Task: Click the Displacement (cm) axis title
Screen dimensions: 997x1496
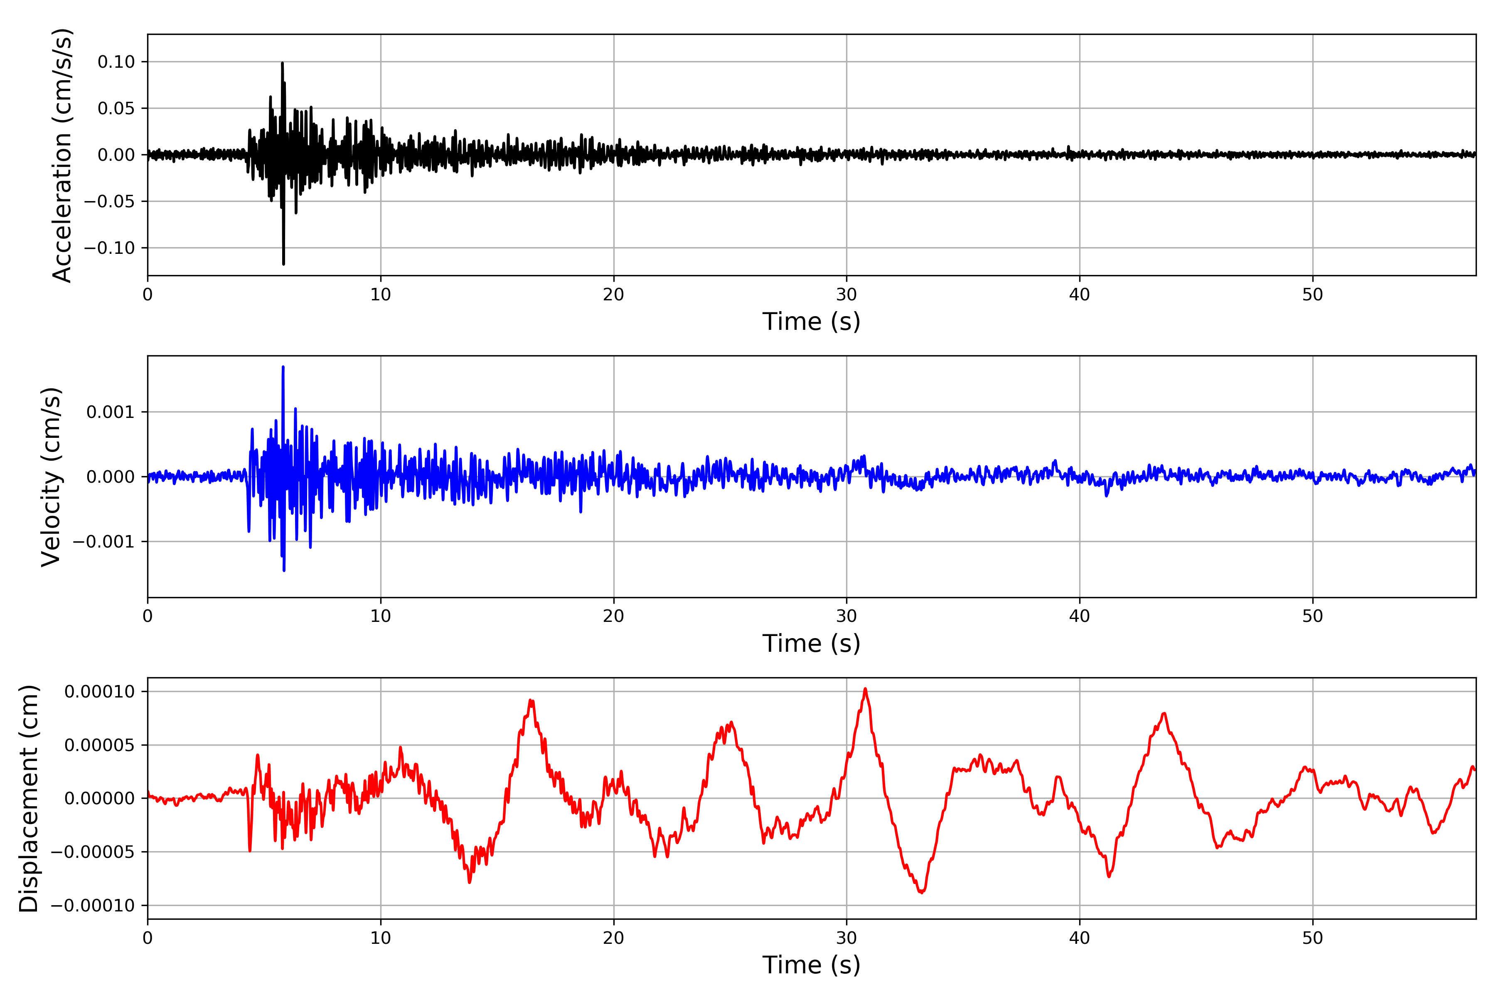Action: point(29,798)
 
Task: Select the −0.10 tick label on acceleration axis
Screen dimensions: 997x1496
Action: point(109,248)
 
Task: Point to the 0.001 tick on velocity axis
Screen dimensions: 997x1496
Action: point(110,412)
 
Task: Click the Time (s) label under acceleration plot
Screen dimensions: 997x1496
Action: point(811,322)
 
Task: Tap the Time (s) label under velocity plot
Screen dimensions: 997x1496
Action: point(811,643)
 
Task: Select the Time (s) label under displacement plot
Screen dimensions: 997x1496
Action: point(811,965)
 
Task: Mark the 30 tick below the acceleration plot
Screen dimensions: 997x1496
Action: point(846,295)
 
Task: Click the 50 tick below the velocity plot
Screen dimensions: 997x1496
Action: point(1313,616)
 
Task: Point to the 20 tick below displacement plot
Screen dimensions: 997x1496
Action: point(614,938)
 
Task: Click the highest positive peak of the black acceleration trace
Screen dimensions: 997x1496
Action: point(283,63)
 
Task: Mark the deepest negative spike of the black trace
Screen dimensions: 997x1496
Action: point(284,264)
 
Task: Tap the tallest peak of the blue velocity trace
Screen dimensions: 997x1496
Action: point(283,367)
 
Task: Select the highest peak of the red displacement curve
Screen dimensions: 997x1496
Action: point(865,689)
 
